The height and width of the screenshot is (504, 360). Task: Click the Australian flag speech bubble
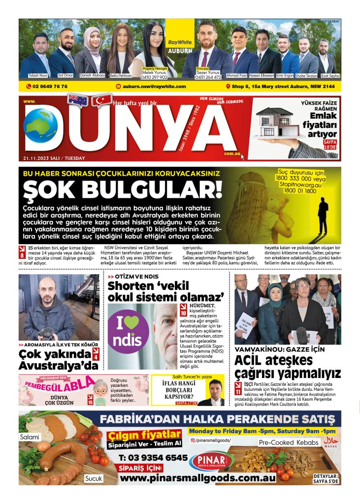tap(78, 100)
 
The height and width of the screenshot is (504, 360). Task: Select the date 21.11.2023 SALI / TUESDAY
tap(54, 158)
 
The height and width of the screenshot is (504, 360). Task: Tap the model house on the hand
tap(274, 123)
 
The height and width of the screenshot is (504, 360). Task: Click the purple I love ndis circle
tap(128, 328)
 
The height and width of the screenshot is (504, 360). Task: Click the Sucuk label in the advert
tap(93, 478)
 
